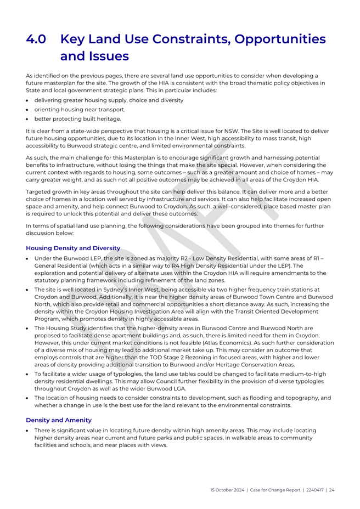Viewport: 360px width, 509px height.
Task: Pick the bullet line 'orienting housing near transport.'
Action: click(x=80, y=109)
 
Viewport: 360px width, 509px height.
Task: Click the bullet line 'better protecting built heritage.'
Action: click(x=77, y=118)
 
